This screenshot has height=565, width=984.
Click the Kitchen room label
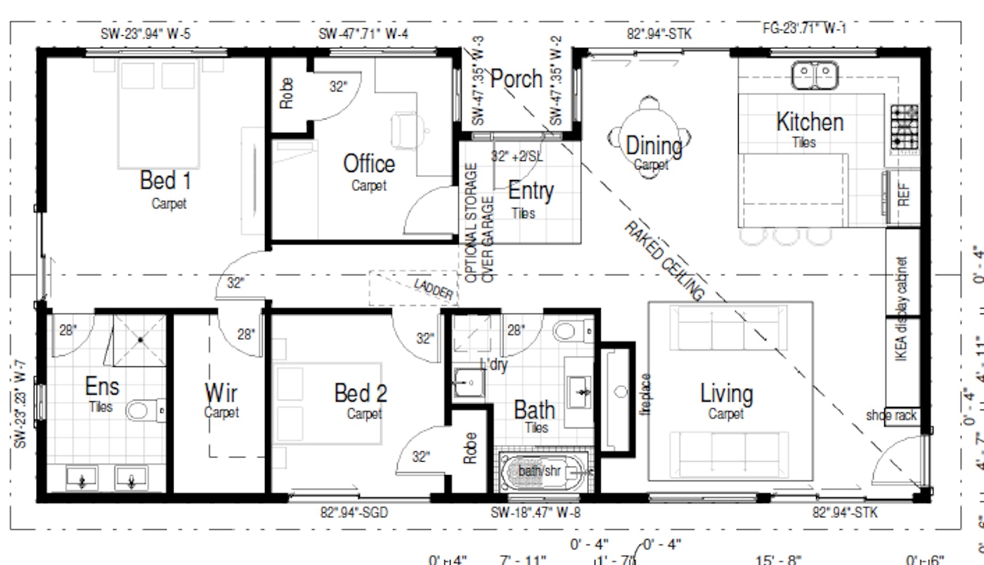point(809,122)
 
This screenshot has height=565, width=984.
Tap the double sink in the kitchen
point(815,74)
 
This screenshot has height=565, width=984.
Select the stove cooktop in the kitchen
point(904,127)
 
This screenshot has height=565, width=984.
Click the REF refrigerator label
point(904,193)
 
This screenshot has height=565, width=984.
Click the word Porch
point(517,79)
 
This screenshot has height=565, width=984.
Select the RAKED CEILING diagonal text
point(663,260)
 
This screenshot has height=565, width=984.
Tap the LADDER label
point(433,289)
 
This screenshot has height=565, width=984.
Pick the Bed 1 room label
point(165,181)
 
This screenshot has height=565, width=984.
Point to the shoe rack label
point(891,415)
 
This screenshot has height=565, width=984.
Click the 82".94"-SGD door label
point(354,513)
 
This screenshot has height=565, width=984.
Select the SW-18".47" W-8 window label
point(536,513)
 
